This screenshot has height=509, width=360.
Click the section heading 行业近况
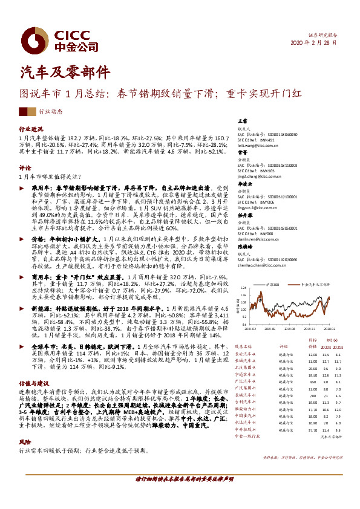[x=31, y=129]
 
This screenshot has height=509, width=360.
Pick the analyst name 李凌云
[x=245, y=181]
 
